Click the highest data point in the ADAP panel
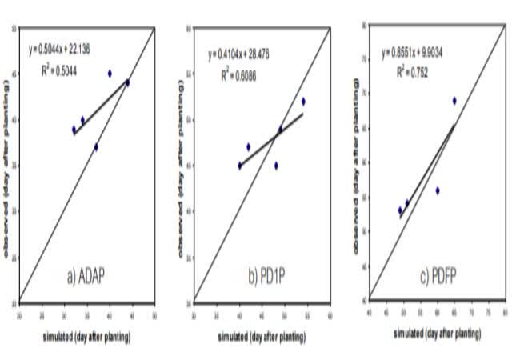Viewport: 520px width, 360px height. tap(110, 74)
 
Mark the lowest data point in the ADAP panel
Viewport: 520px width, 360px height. tap(96, 147)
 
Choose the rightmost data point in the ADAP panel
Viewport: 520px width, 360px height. tap(127, 82)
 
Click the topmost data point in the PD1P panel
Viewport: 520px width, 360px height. tap(303, 102)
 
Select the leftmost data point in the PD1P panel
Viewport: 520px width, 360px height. tap(240, 166)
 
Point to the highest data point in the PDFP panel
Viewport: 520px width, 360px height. tap(454, 101)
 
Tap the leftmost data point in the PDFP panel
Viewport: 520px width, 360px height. tap(400, 210)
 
